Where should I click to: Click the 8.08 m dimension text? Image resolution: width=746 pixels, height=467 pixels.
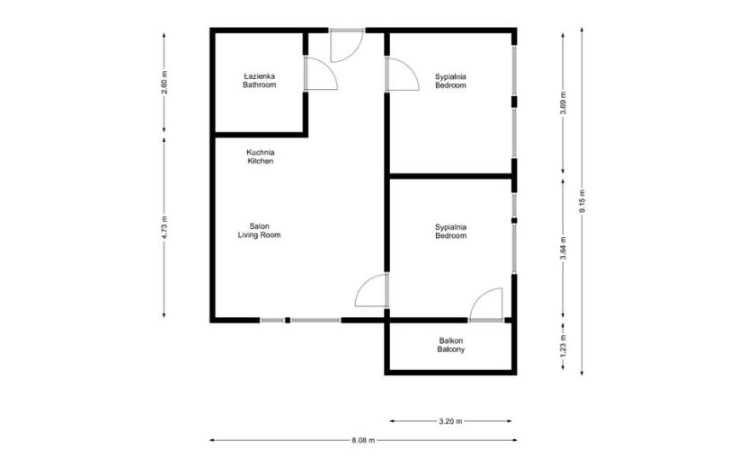[363, 440]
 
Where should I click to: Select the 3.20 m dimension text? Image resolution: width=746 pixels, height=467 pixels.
[450, 421]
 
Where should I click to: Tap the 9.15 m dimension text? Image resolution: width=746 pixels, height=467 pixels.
[582, 201]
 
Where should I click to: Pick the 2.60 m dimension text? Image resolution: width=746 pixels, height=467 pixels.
[164, 83]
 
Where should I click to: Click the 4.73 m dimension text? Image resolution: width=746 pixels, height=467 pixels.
[164, 228]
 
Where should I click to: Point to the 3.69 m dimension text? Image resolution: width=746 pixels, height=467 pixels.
[564, 102]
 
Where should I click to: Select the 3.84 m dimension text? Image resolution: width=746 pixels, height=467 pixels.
[564, 249]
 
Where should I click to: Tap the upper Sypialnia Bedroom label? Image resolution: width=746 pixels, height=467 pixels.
[450, 81]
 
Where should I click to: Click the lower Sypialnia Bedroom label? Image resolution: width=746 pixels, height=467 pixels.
[450, 231]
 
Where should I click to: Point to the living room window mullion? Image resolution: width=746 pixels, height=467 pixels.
[288, 320]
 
